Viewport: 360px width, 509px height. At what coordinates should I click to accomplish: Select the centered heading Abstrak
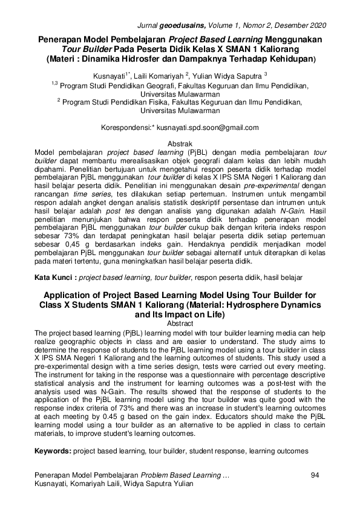click(180, 146)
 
